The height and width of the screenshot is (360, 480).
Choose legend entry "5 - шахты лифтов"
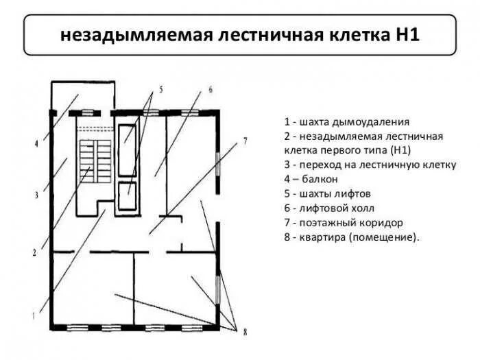(x=325, y=193)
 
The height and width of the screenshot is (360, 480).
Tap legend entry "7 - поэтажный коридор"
(x=342, y=222)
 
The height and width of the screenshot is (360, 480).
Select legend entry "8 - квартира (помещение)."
(x=350, y=237)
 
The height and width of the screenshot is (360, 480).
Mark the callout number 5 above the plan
(x=161, y=89)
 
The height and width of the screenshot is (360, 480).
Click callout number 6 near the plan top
(x=210, y=89)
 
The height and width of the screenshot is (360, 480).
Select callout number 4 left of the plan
(x=36, y=144)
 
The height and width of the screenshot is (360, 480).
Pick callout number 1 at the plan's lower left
(x=34, y=315)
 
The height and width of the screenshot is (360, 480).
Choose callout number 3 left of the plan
(x=34, y=195)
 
